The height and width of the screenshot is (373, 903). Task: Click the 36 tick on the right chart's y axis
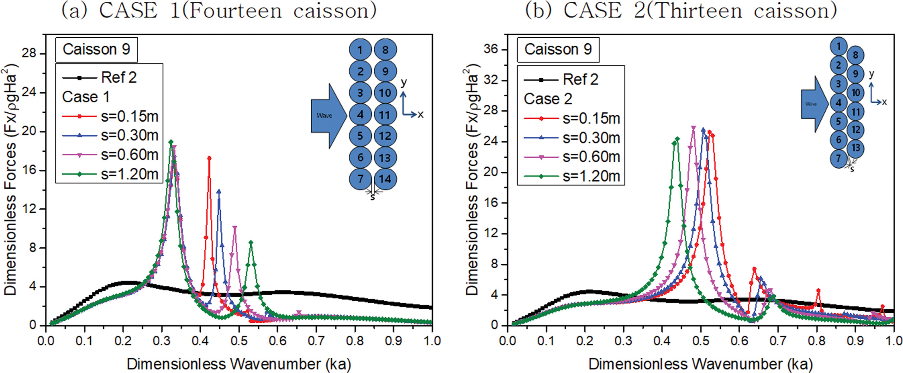pyautogui.click(x=491, y=49)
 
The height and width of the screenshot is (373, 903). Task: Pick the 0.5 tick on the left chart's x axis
pyautogui.click(x=239, y=341)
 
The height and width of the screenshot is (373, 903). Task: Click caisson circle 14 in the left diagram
pyautogui.click(x=385, y=179)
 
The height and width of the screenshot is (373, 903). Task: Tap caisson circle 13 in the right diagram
pyautogui.click(x=856, y=148)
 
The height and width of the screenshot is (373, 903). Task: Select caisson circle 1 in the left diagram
pyautogui.click(x=360, y=50)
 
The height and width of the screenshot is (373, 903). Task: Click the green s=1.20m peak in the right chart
pyautogui.click(x=677, y=139)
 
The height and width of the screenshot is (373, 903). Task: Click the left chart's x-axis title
pyautogui.click(x=239, y=364)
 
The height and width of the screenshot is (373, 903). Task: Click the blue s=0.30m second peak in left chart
pyautogui.click(x=219, y=191)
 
